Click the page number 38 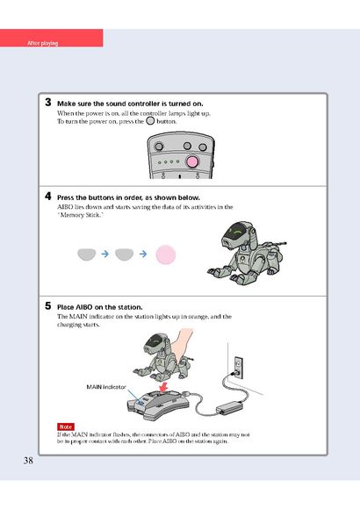coord(28,461)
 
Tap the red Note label coord(66,427)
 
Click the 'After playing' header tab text coord(42,43)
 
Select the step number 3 coord(48,103)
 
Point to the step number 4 coord(48,196)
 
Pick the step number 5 coord(48,305)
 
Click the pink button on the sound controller coord(192,161)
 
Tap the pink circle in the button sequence coord(166,254)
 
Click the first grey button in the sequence coord(87,254)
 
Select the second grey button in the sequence coord(125,254)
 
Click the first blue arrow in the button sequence coord(105,254)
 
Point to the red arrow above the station coord(163,387)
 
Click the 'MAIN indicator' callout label coord(106,387)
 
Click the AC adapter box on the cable coord(231,406)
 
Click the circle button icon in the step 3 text coord(150,121)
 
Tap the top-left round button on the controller coord(159,147)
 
